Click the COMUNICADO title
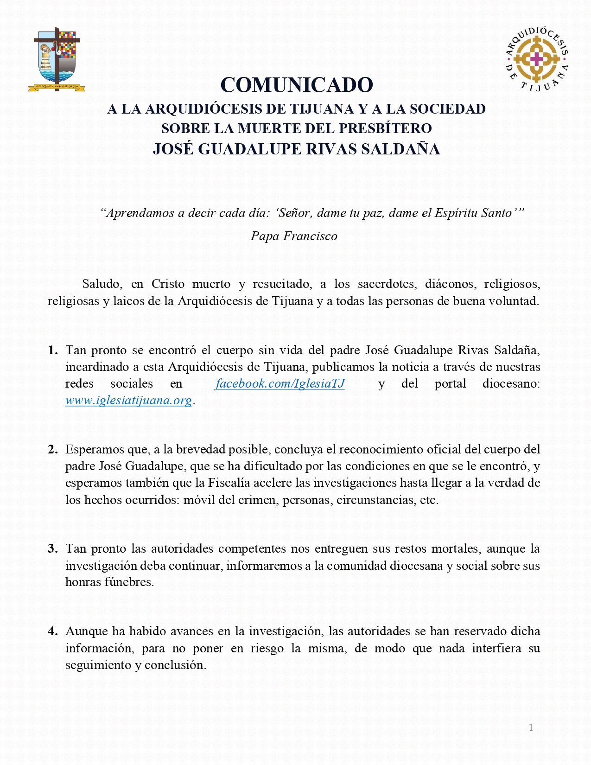pyautogui.click(x=297, y=85)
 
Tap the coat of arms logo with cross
pyautogui.click(x=57, y=59)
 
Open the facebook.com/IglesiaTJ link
pyautogui.click(x=280, y=384)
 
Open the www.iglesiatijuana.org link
pyautogui.click(x=129, y=401)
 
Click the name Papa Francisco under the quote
pyautogui.click(x=294, y=236)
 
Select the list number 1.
pyautogui.click(x=53, y=351)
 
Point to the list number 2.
pyautogui.click(x=53, y=450)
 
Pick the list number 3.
pyautogui.click(x=53, y=549)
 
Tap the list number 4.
pyautogui.click(x=53, y=631)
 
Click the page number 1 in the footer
pyautogui.click(x=531, y=727)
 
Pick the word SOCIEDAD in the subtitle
pyautogui.click(x=447, y=109)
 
